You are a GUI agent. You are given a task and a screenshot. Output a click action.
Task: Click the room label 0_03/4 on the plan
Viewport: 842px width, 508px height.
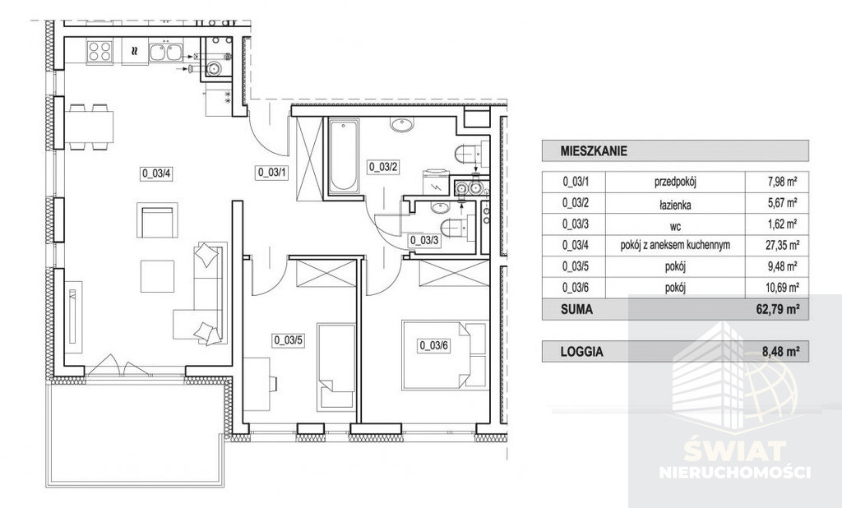coord(156,173)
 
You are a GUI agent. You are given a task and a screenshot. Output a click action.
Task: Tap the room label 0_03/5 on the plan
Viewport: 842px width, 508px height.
coord(289,339)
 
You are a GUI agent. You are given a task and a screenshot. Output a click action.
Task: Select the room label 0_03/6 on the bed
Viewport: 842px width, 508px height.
coord(433,345)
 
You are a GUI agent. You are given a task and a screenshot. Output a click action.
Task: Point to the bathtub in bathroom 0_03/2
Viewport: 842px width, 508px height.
coord(343,156)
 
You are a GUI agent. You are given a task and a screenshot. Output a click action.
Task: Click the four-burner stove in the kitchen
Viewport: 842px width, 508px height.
coord(99,52)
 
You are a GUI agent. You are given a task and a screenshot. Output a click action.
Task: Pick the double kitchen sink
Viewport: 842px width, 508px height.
coord(164,52)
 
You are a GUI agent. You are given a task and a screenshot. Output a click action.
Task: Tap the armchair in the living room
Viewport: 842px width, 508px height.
coord(157,220)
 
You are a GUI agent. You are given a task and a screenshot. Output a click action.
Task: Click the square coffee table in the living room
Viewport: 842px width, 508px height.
coord(157,276)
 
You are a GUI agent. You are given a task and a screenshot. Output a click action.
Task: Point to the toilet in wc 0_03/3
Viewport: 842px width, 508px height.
coord(453,227)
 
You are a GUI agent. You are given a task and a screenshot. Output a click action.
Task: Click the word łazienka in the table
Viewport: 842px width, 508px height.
coord(675,204)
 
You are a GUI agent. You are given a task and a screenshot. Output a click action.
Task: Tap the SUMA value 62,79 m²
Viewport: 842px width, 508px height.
coord(779,310)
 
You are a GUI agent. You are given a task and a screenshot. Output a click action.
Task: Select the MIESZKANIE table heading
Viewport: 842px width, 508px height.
coord(594,151)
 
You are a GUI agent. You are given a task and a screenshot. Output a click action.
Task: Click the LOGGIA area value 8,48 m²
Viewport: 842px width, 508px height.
coord(781,352)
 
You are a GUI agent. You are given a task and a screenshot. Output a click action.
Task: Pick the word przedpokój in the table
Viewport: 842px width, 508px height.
coord(675,182)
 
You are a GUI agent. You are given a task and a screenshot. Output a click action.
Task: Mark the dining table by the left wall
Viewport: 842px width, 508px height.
coord(89,127)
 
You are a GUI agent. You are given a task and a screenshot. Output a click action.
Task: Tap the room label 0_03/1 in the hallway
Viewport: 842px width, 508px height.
coord(272,173)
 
